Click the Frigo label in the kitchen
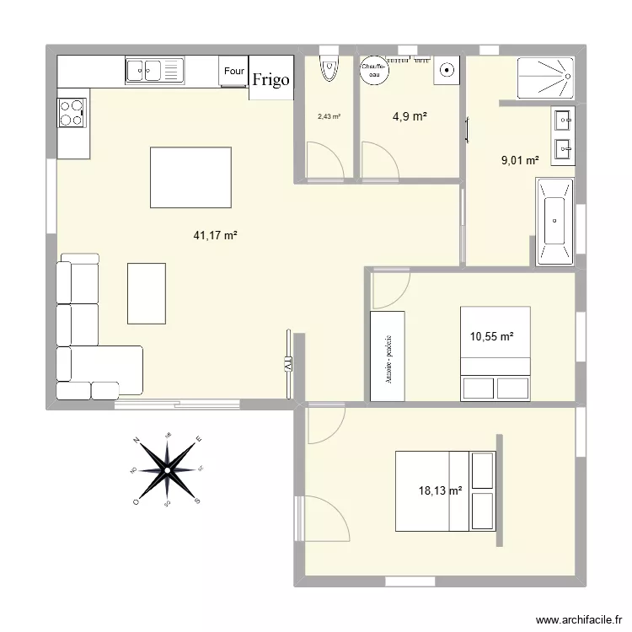(x=271, y=80)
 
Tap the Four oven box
(x=233, y=72)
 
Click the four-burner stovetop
(x=72, y=112)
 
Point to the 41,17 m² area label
(x=216, y=237)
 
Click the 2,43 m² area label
(x=329, y=117)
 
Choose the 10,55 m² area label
(x=492, y=337)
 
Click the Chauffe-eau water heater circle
(x=373, y=70)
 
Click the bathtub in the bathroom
(x=554, y=217)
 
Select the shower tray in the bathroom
(x=546, y=78)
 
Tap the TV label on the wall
(x=287, y=365)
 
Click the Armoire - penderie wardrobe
(x=388, y=356)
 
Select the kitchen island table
(x=190, y=176)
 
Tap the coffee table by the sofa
(x=147, y=292)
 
